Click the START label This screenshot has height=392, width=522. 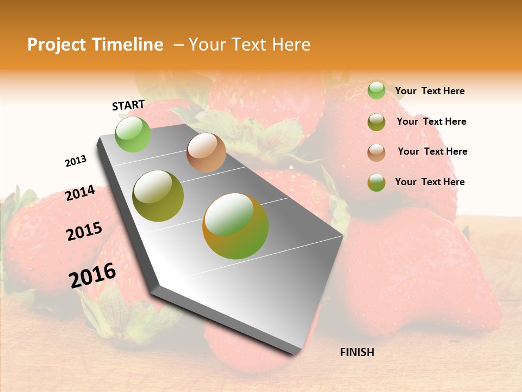[128, 105]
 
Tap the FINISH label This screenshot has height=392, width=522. [357, 352]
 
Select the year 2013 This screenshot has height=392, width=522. [76, 161]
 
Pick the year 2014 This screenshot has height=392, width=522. [80, 193]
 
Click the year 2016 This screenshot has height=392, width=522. [92, 275]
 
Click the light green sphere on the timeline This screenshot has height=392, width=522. [133, 134]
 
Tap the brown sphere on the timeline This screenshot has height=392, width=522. [206, 152]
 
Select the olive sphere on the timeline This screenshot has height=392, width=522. [158, 196]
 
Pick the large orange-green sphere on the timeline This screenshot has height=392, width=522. [235, 226]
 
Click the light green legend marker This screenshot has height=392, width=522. [376, 90]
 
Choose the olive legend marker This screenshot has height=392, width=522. [376, 122]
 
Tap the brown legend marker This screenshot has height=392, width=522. [376, 152]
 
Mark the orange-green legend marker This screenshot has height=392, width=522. [376, 182]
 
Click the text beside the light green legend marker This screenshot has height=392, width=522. [430, 91]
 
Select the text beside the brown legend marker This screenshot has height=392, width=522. [432, 151]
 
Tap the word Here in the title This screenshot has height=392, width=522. [291, 45]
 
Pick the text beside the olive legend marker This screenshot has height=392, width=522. [431, 121]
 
